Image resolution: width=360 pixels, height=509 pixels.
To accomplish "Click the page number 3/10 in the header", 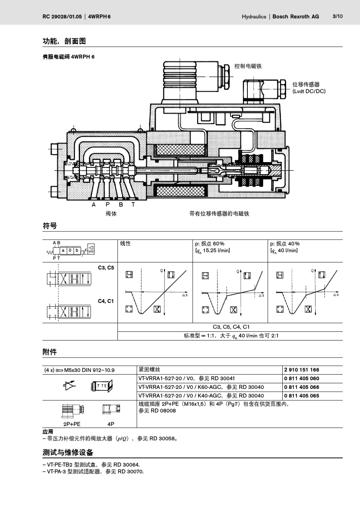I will click(337, 16).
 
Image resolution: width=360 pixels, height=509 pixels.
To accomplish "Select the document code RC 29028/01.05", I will click(62, 17).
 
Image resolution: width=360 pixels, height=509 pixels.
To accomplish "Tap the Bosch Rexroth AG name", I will click(296, 17).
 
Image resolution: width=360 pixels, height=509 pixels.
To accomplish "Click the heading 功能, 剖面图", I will click(64, 41).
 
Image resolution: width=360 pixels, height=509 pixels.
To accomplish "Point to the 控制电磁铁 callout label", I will click(248, 66).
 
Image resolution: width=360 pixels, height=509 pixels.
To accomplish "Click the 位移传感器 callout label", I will click(306, 84).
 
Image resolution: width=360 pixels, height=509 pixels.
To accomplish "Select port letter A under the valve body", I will click(94, 205).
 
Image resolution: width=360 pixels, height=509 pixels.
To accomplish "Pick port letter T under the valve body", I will click(133, 205).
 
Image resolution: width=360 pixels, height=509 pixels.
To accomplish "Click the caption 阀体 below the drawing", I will click(111, 214).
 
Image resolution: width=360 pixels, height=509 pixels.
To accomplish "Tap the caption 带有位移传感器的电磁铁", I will click(219, 214).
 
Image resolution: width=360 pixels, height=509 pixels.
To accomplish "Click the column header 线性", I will click(125, 244).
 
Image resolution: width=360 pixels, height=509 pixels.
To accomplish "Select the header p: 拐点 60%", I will click(210, 244).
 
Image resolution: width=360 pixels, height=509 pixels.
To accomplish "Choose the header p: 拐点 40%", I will click(285, 244).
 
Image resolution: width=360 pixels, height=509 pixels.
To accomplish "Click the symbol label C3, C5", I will click(106, 268).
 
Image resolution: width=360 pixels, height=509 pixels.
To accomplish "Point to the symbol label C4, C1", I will click(106, 301).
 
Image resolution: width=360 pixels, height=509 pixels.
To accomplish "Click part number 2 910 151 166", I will click(302, 370).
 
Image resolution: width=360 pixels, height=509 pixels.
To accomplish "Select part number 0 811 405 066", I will click(302, 387).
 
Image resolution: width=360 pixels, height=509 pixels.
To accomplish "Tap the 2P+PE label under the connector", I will click(72, 424).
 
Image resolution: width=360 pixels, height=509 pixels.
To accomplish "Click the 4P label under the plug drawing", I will click(111, 424).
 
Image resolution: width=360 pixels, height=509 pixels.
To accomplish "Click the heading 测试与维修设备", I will click(68, 453).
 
